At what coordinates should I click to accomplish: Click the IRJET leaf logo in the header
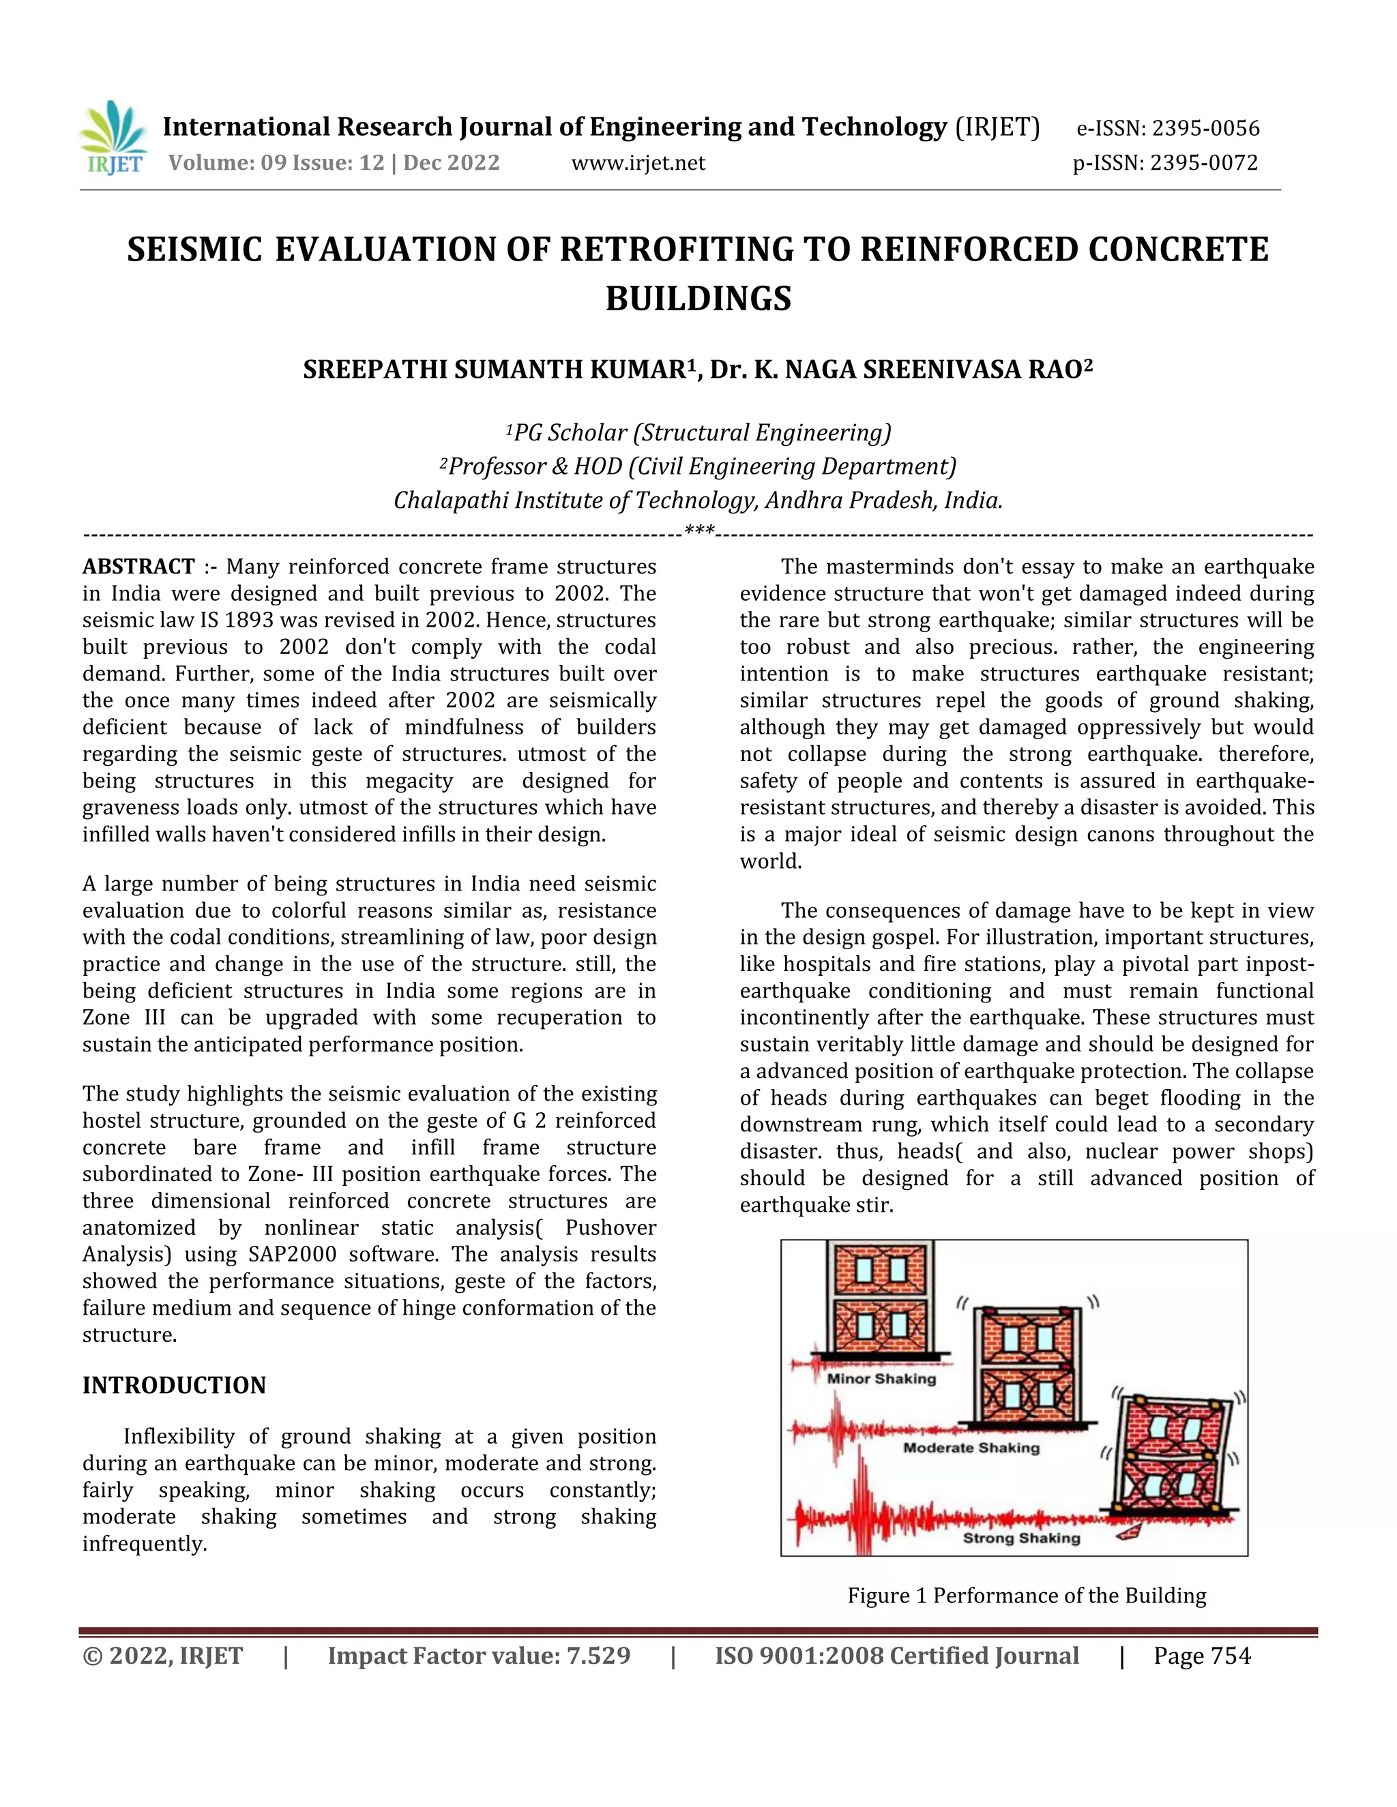coord(113,137)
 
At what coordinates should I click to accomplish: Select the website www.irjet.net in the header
coord(638,163)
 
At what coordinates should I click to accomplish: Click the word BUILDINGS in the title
coord(698,299)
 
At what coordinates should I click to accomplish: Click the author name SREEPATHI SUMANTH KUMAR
coord(494,370)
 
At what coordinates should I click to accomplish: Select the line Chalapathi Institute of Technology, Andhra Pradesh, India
coord(698,501)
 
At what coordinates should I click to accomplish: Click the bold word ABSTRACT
coord(138,567)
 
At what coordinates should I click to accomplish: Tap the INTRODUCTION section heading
coord(174,1385)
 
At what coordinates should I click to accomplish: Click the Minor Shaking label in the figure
coord(881,1378)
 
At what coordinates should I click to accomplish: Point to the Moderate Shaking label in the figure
coord(971,1448)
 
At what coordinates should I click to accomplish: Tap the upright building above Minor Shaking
coord(881,1300)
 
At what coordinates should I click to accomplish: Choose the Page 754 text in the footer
coord(1202,1656)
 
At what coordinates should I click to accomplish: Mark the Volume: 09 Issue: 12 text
coord(276,163)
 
